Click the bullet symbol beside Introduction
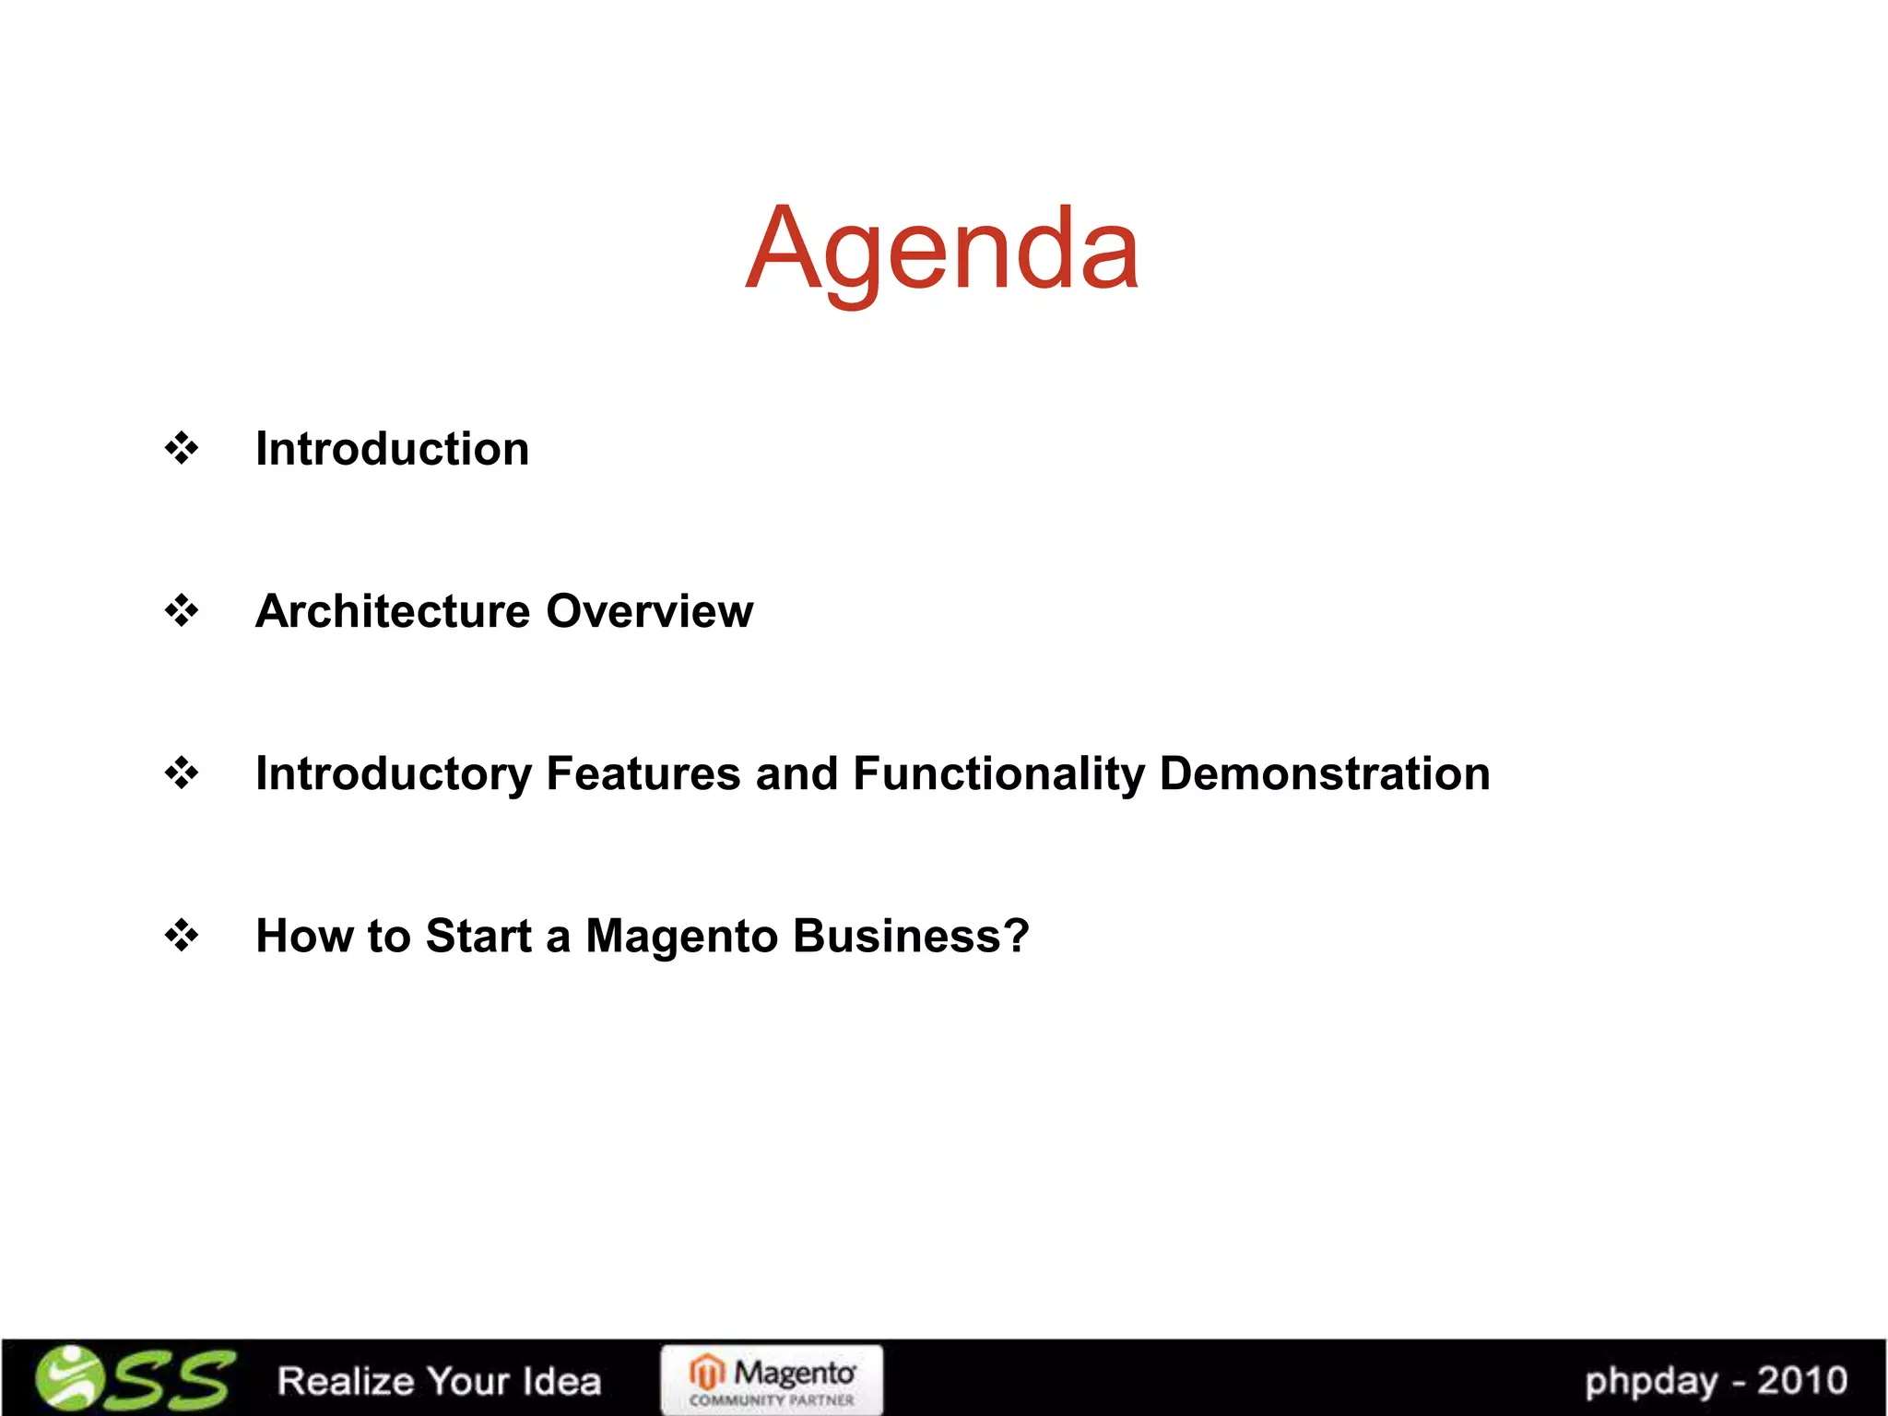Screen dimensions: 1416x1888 pos(182,449)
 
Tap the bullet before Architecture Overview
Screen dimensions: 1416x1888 pos(182,610)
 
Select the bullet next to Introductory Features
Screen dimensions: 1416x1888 pos(182,773)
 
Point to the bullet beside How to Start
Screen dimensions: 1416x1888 pos(182,936)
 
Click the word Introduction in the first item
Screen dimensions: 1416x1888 pos(392,449)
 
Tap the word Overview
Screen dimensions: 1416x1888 pos(649,610)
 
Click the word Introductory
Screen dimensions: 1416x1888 pos(393,774)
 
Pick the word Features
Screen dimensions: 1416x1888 pos(643,773)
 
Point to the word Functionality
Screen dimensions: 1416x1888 pos(998,774)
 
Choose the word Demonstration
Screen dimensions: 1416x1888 pos(1324,773)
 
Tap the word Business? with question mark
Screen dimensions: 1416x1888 pos(911,936)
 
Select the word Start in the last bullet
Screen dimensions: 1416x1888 pos(478,936)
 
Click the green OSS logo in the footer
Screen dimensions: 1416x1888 pos(134,1379)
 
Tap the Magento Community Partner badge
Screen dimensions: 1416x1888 pos(772,1380)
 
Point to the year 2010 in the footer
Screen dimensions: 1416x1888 pos(1801,1381)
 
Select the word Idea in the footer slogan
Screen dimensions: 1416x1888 pos(561,1381)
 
